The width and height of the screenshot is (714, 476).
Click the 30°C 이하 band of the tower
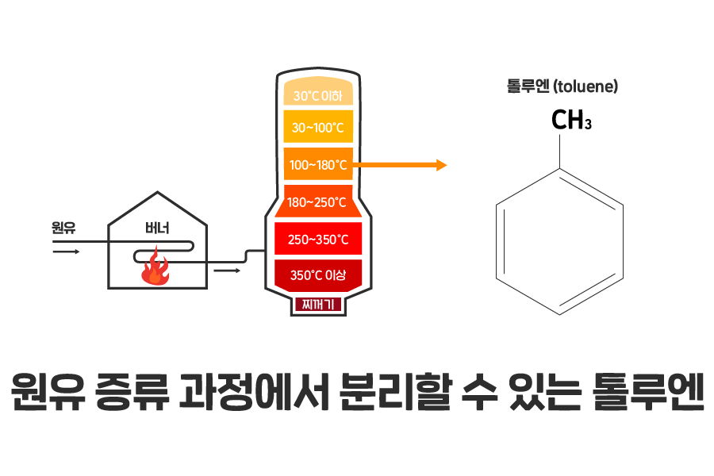[x=317, y=95]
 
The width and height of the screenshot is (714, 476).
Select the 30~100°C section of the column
[x=317, y=127]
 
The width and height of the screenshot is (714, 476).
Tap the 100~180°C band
[x=317, y=165]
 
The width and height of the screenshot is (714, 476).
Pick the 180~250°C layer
[x=317, y=202]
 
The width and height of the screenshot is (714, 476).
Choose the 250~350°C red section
[x=317, y=239]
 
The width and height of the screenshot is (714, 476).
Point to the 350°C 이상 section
[x=317, y=275]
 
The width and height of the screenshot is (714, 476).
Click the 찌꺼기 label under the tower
[x=318, y=303]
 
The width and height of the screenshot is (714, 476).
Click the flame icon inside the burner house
[x=155, y=267]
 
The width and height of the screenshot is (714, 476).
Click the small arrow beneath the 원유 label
[x=66, y=251]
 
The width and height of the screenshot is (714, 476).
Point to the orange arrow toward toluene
[x=401, y=165]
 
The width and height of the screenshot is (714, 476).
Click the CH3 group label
[x=571, y=121]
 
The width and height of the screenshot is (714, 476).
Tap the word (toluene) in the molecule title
[x=585, y=86]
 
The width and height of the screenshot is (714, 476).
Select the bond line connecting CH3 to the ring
[x=561, y=151]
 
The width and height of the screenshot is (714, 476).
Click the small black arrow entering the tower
[x=227, y=271]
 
